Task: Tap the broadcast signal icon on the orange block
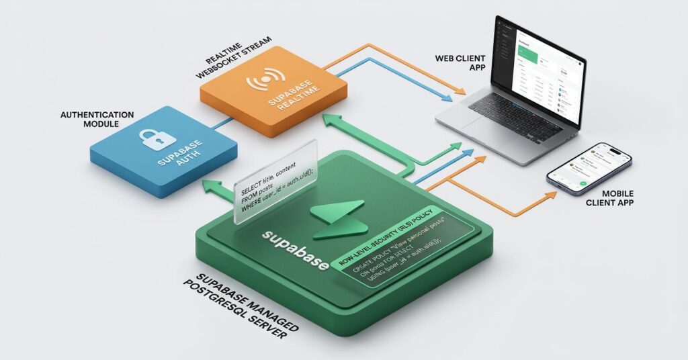coord(261,83)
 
